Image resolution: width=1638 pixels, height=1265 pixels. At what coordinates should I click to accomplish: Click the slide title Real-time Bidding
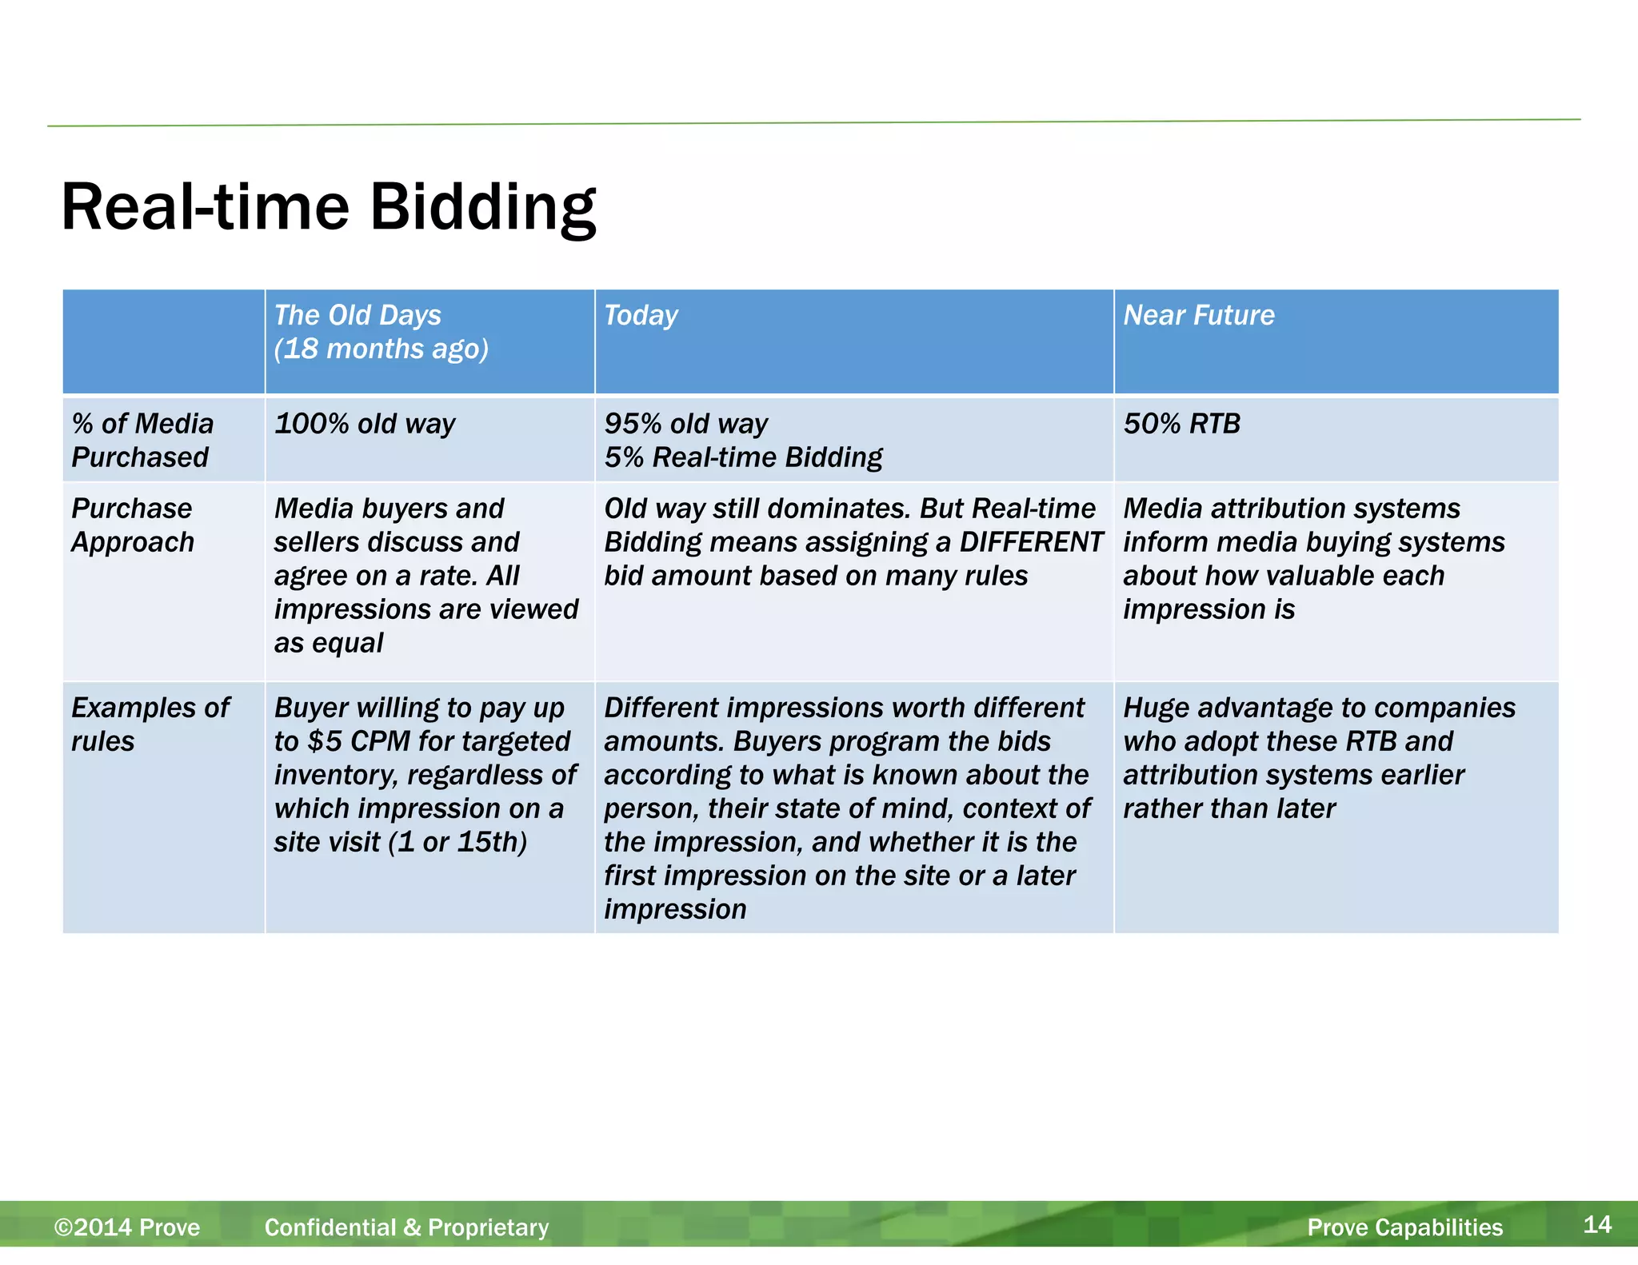click(328, 207)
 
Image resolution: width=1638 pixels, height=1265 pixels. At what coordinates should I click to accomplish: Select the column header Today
click(641, 315)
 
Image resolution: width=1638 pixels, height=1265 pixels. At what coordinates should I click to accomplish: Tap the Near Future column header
click(1198, 315)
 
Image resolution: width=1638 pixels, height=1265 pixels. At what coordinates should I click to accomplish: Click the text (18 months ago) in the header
click(381, 349)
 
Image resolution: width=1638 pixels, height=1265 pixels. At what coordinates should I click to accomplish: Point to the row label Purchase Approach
click(133, 525)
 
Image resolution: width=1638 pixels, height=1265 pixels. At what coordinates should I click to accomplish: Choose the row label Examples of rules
click(150, 724)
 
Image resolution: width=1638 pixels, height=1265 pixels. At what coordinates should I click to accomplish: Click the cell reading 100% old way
click(365, 424)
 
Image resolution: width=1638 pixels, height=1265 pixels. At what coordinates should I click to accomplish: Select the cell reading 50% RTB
click(1181, 424)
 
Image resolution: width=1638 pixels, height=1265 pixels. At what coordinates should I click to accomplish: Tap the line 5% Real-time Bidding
click(743, 457)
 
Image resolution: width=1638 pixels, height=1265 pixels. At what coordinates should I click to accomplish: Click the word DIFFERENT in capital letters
click(1031, 542)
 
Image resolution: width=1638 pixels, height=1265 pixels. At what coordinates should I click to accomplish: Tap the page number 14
click(1596, 1224)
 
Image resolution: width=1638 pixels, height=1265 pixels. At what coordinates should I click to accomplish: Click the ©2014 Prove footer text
click(127, 1227)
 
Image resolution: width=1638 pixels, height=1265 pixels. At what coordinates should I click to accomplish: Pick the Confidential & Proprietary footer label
click(406, 1227)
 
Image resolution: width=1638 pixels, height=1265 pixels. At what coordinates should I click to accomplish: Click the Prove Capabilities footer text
click(1404, 1227)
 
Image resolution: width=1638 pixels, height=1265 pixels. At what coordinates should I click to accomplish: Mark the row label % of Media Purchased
click(142, 441)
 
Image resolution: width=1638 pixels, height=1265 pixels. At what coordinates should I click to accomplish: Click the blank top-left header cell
click(163, 341)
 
